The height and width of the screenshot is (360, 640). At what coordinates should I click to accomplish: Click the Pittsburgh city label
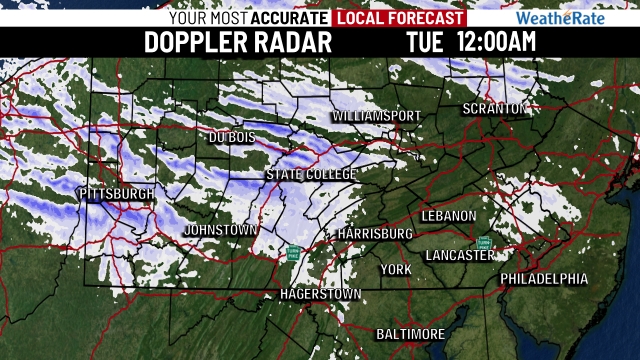click(x=116, y=192)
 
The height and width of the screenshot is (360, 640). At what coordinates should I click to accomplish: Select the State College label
click(x=311, y=174)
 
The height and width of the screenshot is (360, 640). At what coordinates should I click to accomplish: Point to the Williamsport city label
click(x=376, y=116)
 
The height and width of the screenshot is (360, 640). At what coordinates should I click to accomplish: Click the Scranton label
click(x=494, y=108)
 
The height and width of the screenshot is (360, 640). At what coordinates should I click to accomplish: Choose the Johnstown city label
click(x=220, y=230)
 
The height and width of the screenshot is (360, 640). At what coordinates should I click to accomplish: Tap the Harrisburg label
click(x=375, y=233)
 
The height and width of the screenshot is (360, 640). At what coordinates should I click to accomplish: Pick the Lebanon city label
click(x=449, y=216)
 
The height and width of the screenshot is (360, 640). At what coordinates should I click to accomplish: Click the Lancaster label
click(x=459, y=255)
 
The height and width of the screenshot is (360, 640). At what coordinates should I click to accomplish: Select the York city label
click(x=396, y=270)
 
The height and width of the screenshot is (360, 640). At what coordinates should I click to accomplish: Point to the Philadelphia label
click(x=544, y=278)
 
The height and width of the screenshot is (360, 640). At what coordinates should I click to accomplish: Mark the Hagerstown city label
click(x=319, y=295)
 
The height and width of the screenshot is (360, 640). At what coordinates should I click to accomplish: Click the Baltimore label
click(x=410, y=333)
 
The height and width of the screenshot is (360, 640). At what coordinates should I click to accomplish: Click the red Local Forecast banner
click(x=400, y=18)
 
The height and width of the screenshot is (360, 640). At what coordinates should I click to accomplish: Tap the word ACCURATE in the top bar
click(x=289, y=18)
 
